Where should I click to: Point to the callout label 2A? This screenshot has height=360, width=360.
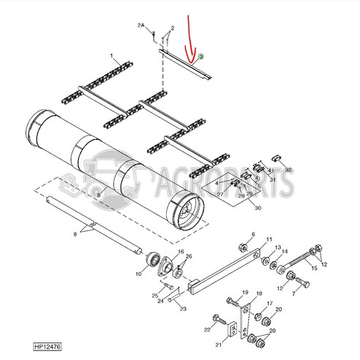140,26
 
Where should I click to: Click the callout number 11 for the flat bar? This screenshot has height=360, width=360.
269,240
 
